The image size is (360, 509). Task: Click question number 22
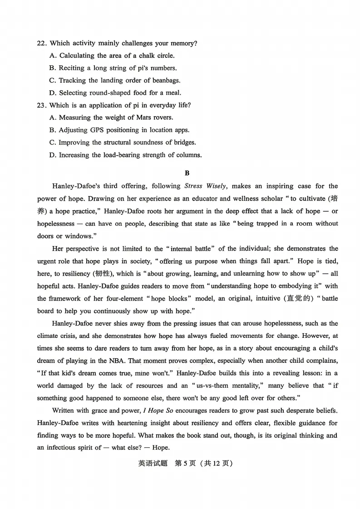coord(42,44)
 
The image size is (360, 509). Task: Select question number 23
coord(42,105)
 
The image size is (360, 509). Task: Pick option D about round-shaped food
coord(115,93)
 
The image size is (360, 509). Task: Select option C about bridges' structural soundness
coord(123,143)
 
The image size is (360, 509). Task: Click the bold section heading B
coord(187,173)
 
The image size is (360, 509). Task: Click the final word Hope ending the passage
coord(160,448)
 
